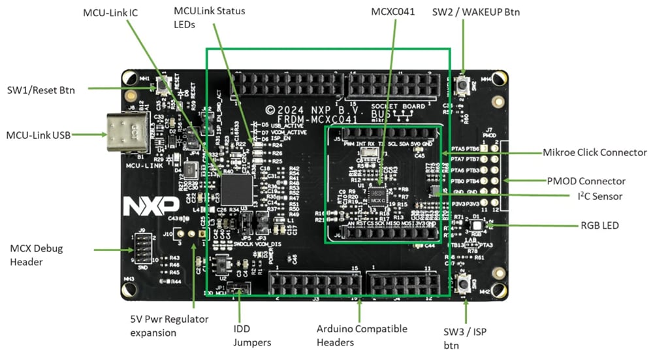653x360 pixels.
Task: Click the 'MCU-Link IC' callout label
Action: click(110, 12)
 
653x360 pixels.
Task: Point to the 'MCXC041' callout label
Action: click(393, 11)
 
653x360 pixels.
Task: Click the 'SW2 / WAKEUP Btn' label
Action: click(476, 12)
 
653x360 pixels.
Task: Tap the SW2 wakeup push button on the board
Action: click(464, 84)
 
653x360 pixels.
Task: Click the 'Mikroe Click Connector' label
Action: click(594, 152)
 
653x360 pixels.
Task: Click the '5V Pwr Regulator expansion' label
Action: click(168, 325)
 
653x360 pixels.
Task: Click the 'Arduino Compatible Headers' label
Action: click(361, 335)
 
